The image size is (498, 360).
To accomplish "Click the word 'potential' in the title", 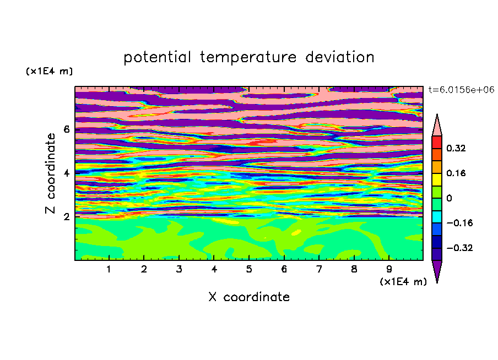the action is [157, 58].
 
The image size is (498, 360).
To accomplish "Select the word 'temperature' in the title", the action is [248, 58].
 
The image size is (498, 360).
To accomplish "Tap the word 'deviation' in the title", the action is [340, 57].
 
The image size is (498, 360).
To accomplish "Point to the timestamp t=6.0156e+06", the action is [461, 90].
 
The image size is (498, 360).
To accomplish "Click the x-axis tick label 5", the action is [249, 269].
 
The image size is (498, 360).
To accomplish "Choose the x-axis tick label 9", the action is [389, 269].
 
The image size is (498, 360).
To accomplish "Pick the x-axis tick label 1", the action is [109, 269].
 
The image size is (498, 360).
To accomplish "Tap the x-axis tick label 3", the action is [179, 269].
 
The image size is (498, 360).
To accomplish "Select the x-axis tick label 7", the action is [319, 269].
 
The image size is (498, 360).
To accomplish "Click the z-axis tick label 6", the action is [66, 129].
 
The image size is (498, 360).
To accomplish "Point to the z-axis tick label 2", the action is [66, 216].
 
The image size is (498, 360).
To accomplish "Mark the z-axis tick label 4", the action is [66, 173].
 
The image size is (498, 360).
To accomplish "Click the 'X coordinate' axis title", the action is [249, 297].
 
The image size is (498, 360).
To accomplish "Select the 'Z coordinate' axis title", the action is [51, 173].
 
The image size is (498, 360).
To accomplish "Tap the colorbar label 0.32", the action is [456, 148].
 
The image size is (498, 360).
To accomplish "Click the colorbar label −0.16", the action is [459, 223].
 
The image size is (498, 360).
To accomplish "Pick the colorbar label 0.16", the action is [456, 173].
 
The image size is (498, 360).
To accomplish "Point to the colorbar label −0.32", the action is [459, 248].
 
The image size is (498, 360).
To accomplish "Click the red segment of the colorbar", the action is [437, 142].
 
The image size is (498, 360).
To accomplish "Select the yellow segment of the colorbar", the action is [437, 179].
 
